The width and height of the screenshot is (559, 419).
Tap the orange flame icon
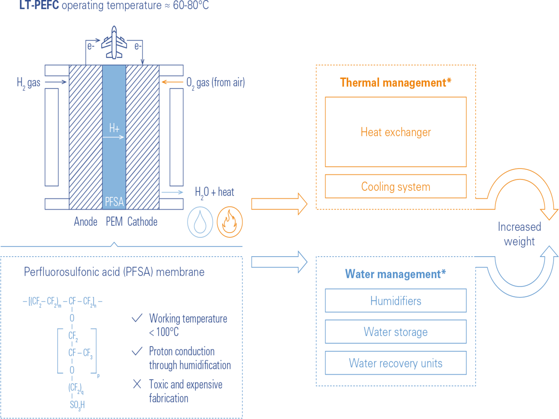pyautogui.click(x=230, y=222)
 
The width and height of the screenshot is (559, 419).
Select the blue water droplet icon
pyautogui.click(x=200, y=222)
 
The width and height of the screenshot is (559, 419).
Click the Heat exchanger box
pyautogui.click(x=396, y=132)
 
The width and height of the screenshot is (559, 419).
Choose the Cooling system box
pyautogui.click(x=396, y=186)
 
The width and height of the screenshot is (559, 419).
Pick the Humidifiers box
pyautogui.click(x=396, y=301)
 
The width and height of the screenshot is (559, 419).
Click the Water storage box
pyautogui.click(x=396, y=332)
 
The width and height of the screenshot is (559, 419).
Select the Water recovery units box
pyautogui.click(x=396, y=363)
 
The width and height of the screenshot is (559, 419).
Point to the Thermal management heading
pyautogui.click(x=395, y=82)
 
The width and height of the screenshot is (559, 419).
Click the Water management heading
pyautogui.click(x=395, y=274)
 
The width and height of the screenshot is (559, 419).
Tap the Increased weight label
pyautogui.click(x=519, y=234)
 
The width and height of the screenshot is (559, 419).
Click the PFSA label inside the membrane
pyautogui.click(x=114, y=202)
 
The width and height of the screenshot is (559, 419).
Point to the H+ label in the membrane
pyautogui.click(x=114, y=128)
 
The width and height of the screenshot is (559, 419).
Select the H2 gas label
pyautogui.click(x=28, y=82)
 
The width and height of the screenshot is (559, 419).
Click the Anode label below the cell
pyautogui.click(x=86, y=222)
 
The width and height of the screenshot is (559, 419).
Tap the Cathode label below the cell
pyautogui.click(x=142, y=222)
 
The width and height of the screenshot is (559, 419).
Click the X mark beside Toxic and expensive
pyautogui.click(x=137, y=384)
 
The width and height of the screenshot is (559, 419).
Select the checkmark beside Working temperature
pyautogui.click(x=137, y=318)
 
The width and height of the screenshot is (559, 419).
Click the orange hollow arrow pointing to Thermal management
pyautogui.click(x=279, y=204)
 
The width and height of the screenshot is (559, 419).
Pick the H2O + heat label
pyautogui.click(x=214, y=192)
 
